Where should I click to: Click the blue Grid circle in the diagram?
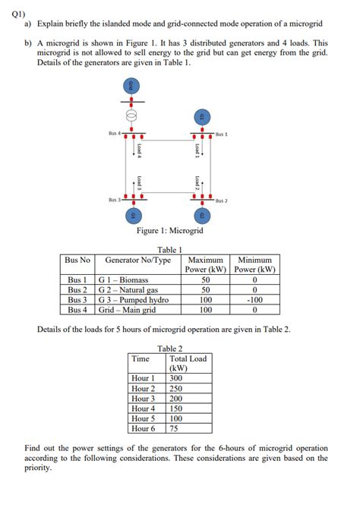(131, 86)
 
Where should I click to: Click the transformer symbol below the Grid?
(131, 116)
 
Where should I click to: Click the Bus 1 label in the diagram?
(222, 134)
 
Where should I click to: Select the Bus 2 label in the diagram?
(222, 201)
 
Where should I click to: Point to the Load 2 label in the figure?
(197, 183)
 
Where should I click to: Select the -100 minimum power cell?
(255, 300)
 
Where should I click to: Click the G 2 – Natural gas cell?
(128, 290)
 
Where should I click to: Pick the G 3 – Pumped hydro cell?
(134, 300)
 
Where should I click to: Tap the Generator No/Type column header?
(138, 260)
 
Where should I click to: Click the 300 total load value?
(176, 378)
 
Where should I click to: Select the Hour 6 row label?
(143, 428)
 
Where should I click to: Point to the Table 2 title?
(170, 349)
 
